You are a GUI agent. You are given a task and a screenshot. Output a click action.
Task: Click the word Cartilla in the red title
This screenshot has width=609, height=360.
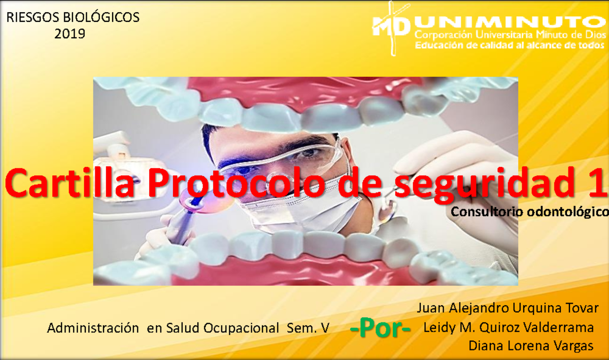(x=70, y=182)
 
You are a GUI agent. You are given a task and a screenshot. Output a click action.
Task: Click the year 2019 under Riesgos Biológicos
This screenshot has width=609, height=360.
(x=70, y=34)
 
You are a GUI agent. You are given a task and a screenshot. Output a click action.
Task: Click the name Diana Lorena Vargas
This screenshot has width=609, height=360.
(x=531, y=346)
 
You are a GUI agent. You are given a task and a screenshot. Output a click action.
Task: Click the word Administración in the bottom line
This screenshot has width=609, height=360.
(x=92, y=328)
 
